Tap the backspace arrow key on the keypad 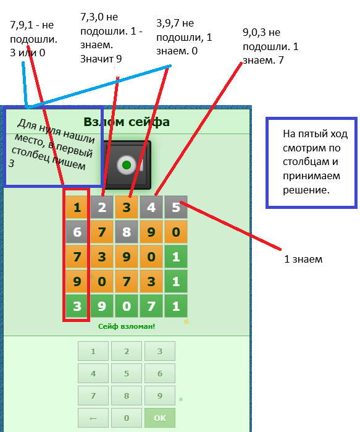pyautogui.click(x=93, y=418)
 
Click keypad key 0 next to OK pyautogui.click(x=127, y=418)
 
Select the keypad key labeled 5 pyautogui.click(x=127, y=373)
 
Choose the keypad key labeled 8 pyautogui.click(x=127, y=396)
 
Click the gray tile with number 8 pyautogui.click(x=127, y=232)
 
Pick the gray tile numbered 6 pyautogui.click(x=77, y=232)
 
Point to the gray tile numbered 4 pyautogui.click(x=151, y=207)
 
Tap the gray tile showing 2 pyautogui.click(x=101, y=207)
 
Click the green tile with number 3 pyautogui.click(x=77, y=306)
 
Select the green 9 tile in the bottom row pyautogui.click(x=101, y=306)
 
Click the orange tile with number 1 pyautogui.click(x=77, y=207)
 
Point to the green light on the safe pyautogui.click(x=127, y=165)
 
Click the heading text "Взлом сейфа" pyautogui.click(x=127, y=122)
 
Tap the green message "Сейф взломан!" pyautogui.click(x=127, y=326)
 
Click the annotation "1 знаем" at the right pyautogui.click(x=303, y=259)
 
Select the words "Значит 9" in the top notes pyautogui.click(x=101, y=59)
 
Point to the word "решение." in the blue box pyautogui.click(x=306, y=190)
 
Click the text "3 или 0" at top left pyautogui.click(x=28, y=53)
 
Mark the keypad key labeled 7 pyautogui.click(x=93, y=396)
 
